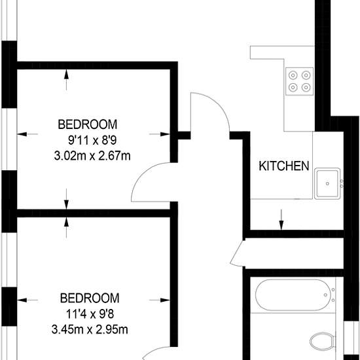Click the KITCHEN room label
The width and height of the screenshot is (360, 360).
pos(284,166)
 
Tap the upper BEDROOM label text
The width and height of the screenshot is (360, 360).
pos(88,124)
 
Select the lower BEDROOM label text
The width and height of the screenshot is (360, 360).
pos(90,298)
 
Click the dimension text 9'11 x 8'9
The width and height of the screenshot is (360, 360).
pos(92,140)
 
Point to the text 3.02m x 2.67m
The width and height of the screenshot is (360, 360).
pos(92,156)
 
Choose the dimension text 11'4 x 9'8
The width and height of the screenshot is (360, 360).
pos(90,314)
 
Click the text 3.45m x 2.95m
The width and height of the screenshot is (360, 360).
pos(90,330)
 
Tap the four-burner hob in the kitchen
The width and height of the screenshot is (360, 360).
pos(299,81)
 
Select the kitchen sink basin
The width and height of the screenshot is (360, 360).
pos(328,183)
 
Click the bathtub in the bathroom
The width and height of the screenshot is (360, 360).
pos(293,295)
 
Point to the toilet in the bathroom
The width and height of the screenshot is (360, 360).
pos(322,342)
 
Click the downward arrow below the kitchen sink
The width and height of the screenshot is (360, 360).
pos(281,219)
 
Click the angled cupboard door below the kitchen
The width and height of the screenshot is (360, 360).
pos(238,253)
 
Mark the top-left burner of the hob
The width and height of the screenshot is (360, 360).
pos(293,75)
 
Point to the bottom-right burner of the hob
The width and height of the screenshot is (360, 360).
pos(306,87)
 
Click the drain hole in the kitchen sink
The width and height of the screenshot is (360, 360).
pos(327,184)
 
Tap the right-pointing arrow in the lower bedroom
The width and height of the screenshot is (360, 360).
pos(160,300)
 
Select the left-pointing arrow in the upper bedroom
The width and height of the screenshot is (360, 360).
pos(27,134)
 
